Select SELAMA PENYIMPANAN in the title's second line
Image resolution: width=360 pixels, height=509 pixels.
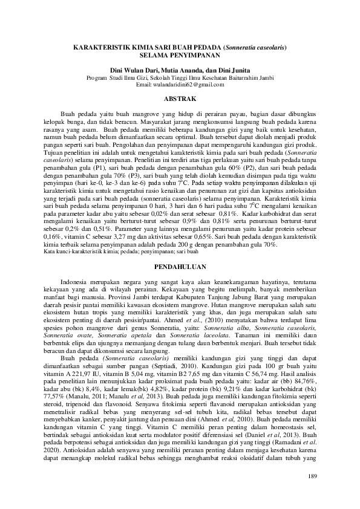179,54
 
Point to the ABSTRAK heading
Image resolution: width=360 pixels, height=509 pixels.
179,97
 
